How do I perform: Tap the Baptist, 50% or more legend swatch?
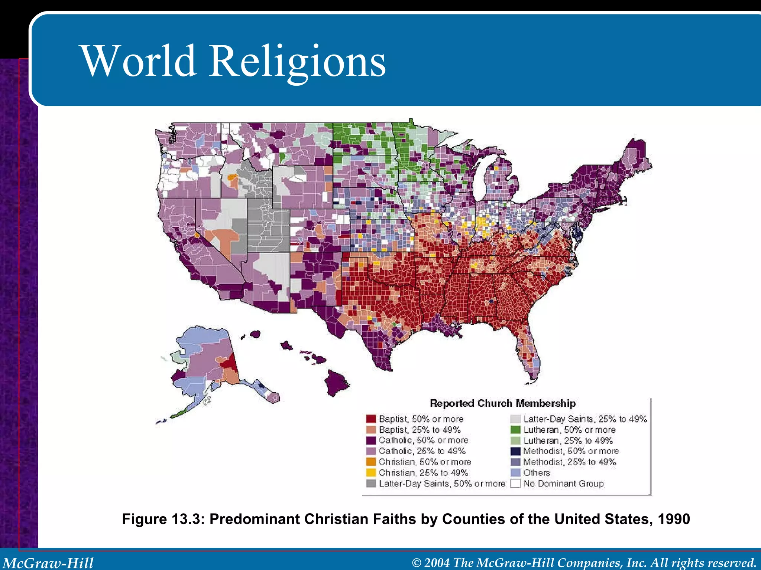[x=371, y=419]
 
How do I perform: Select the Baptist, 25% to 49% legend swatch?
[x=371, y=430]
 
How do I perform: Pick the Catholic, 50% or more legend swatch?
[x=371, y=440]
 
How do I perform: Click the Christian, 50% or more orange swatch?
[x=371, y=462]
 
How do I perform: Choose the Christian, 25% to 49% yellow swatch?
[x=371, y=473]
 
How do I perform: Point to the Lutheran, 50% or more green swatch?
[x=515, y=430]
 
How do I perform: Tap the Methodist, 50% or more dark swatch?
[x=515, y=451]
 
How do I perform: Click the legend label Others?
[x=536, y=473]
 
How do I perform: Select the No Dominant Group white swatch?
[x=515, y=484]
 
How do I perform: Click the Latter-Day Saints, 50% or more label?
[x=442, y=484]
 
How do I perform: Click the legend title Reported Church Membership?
[x=502, y=403]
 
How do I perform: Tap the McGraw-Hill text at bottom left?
[x=48, y=563]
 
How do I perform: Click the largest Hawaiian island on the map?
[x=336, y=382]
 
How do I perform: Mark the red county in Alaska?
[x=230, y=362]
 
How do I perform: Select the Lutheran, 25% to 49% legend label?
[x=568, y=440]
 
